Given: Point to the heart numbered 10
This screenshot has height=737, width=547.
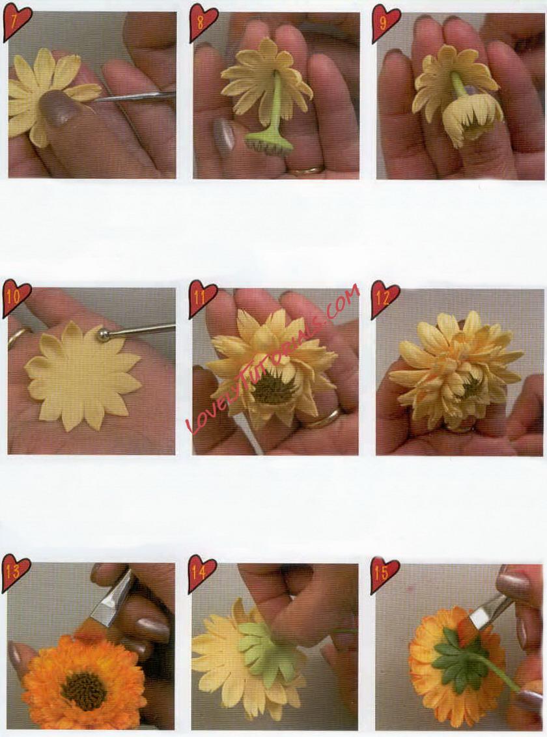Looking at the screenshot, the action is pos(17,299).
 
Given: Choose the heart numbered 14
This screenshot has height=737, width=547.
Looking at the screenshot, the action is pos(201,574).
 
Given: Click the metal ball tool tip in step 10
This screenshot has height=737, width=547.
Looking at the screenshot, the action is pos(102,334).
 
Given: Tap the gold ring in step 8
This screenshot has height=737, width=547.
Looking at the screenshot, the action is pos(306,169).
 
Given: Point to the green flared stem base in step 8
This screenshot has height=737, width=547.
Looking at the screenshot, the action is pos(265,139).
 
